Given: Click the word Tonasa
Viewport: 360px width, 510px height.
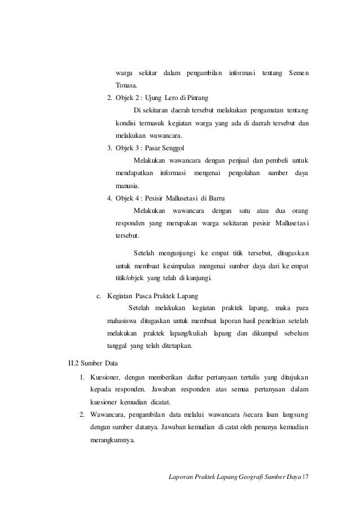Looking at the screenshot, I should point(126,85).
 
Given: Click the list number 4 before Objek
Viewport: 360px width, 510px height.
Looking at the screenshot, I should point(109,199).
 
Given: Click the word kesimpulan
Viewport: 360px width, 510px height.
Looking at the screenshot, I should point(181,265).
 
